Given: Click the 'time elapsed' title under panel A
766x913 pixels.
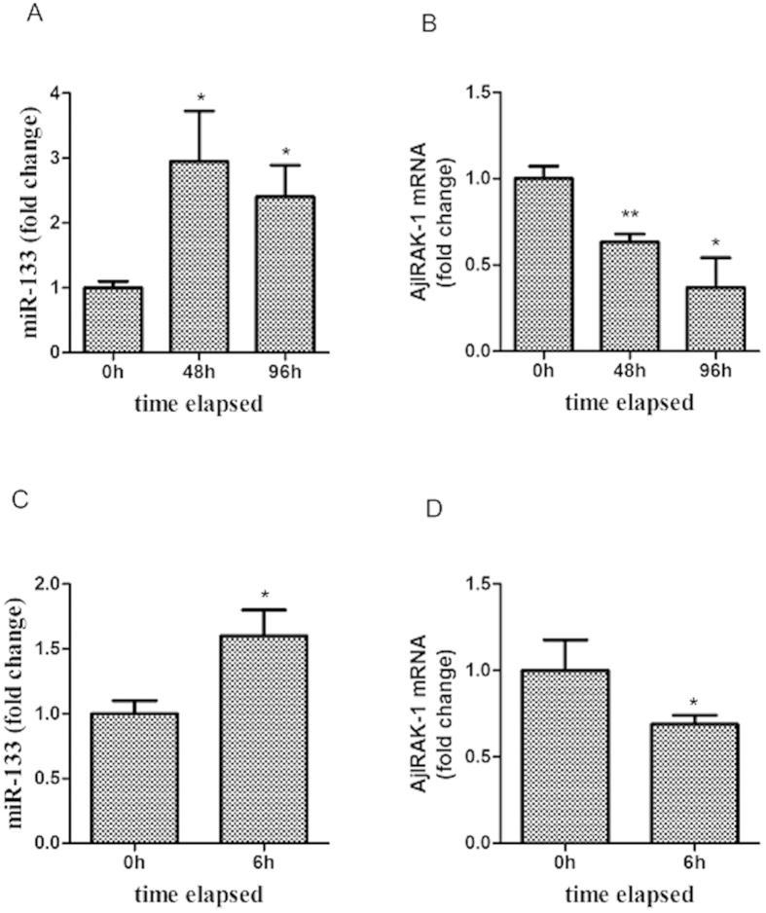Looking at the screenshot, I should click(199, 401).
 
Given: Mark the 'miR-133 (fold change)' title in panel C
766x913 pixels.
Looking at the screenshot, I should click(21, 712).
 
